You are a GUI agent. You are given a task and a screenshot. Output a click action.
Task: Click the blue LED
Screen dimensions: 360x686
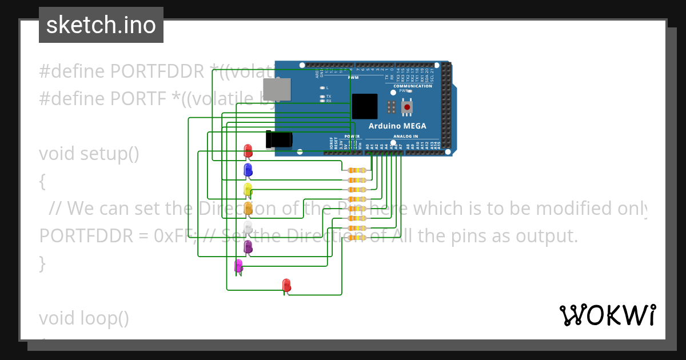(248, 170)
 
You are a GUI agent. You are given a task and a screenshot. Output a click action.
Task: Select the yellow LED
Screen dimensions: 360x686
(248, 189)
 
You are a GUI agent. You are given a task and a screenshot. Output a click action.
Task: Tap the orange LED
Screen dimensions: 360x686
(248, 208)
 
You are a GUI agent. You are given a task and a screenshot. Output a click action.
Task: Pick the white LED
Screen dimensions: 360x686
(248, 227)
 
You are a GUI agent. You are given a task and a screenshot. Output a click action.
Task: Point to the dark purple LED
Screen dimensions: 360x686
(248, 246)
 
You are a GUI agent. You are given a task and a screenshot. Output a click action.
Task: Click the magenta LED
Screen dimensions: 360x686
(238, 265)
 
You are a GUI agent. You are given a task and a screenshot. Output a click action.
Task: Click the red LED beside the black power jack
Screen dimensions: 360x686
(248, 151)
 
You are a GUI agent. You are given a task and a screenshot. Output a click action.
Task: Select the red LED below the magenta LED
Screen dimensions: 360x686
(286, 285)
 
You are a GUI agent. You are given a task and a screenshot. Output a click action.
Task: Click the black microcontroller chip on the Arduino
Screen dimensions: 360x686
(364, 106)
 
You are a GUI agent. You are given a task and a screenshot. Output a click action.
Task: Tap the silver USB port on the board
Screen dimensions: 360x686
(276, 90)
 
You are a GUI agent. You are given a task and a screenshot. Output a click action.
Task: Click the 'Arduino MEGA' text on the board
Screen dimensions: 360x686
(397, 126)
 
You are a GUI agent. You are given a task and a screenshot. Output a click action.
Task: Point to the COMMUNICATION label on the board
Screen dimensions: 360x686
(412, 86)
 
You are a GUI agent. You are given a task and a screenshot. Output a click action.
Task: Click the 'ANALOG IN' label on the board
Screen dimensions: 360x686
(405, 137)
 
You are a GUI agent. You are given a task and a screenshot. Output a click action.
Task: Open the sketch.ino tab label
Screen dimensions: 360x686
(101, 25)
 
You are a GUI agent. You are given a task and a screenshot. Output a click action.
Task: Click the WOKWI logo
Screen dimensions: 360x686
(607, 315)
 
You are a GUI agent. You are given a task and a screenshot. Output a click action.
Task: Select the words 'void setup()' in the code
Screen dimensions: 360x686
(89, 154)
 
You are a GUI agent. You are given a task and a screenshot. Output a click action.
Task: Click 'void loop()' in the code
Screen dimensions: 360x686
(84, 318)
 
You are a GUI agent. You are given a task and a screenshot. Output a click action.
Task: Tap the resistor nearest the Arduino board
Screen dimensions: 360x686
(357, 170)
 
